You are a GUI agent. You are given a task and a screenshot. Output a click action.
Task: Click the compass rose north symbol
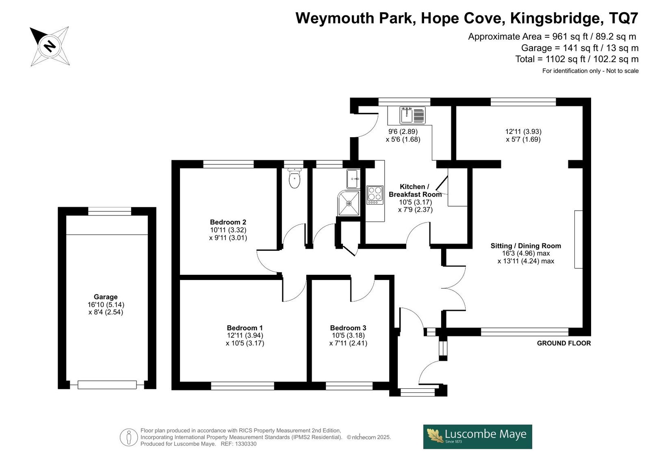(x=50, y=46)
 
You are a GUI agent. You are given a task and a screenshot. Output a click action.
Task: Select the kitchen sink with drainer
(x=413, y=115)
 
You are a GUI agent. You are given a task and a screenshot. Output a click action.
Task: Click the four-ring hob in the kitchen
(x=375, y=195)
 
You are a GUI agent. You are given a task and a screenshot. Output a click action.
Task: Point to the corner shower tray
(x=349, y=203)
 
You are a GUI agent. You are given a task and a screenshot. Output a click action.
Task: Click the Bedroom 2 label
(x=228, y=222)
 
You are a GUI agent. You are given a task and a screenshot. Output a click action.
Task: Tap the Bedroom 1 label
(x=245, y=328)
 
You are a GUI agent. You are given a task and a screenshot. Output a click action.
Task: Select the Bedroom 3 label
(x=348, y=328)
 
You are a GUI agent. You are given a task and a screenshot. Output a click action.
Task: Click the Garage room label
(x=106, y=297)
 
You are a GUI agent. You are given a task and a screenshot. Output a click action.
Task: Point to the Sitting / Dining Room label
(x=526, y=246)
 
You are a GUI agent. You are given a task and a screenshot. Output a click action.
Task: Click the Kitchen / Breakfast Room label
(x=415, y=190)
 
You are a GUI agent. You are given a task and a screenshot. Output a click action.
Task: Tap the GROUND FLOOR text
(x=564, y=343)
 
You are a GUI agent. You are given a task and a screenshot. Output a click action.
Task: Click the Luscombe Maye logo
(x=478, y=437)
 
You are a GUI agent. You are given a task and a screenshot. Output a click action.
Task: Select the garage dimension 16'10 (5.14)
(x=106, y=305)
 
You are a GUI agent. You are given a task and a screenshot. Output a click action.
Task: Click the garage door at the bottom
(x=107, y=385)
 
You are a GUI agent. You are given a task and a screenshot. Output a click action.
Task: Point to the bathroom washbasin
(x=353, y=179)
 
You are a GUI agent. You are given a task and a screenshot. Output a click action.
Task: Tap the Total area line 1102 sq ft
(x=576, y=59)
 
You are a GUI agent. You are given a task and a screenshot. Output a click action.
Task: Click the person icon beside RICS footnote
(x=128, y=437)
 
